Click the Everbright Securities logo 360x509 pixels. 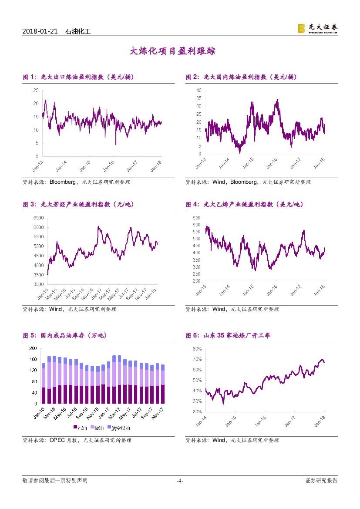[x=317, y=28]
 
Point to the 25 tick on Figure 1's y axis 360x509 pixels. [x=35, y=90]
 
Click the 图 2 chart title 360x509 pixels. [x=241, y=77]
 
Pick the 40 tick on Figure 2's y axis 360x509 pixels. [x=199, y=90]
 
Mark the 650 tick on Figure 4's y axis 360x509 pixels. [x=195, y=217]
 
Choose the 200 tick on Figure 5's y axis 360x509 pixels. [x=32, y=348]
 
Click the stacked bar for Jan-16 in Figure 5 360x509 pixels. [x=43, y=383]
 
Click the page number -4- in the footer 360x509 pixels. [x=180, y=481]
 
